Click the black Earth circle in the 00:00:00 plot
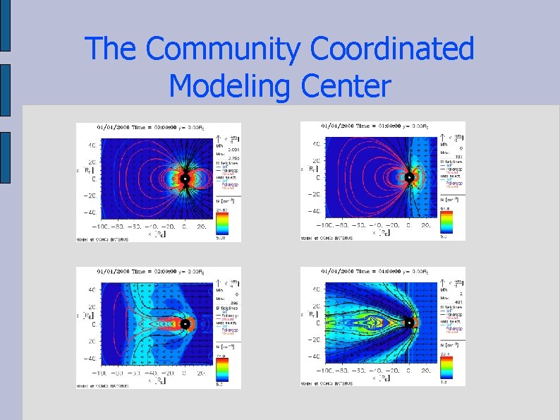coord(184,179)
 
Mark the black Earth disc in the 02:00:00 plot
coord(185,324)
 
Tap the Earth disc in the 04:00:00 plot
coord(408,323)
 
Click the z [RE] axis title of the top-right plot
coord(306,169)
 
